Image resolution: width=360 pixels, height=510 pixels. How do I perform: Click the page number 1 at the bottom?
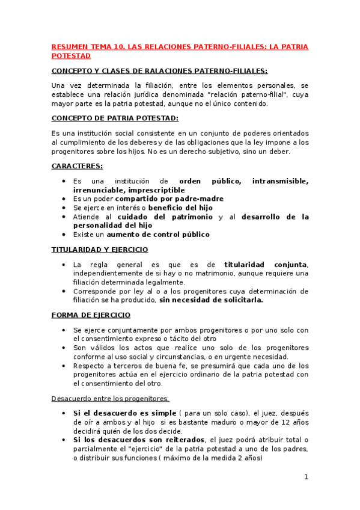(x=306, y=477)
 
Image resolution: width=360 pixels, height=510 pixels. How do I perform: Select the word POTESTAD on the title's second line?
(x=71, y=55)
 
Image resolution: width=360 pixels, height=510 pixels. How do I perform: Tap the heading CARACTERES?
(x=77, y=165)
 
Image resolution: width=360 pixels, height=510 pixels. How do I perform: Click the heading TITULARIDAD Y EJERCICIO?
(x=100, y=249)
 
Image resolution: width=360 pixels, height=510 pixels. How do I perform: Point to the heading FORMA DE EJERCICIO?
(x=91, y=315)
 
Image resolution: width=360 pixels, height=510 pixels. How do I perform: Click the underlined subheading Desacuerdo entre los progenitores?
(x=110, y=398)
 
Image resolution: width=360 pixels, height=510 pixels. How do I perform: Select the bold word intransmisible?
(x=281, y=181)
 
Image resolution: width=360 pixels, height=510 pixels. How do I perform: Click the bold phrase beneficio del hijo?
(x=181, y=207)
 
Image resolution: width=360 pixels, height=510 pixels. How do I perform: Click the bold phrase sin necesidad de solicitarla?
(x=211, y=300)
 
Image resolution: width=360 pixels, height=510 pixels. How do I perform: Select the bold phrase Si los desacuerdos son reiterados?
(x=137, y=440)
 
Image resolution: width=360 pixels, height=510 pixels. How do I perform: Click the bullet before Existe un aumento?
(x=64, y=235)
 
